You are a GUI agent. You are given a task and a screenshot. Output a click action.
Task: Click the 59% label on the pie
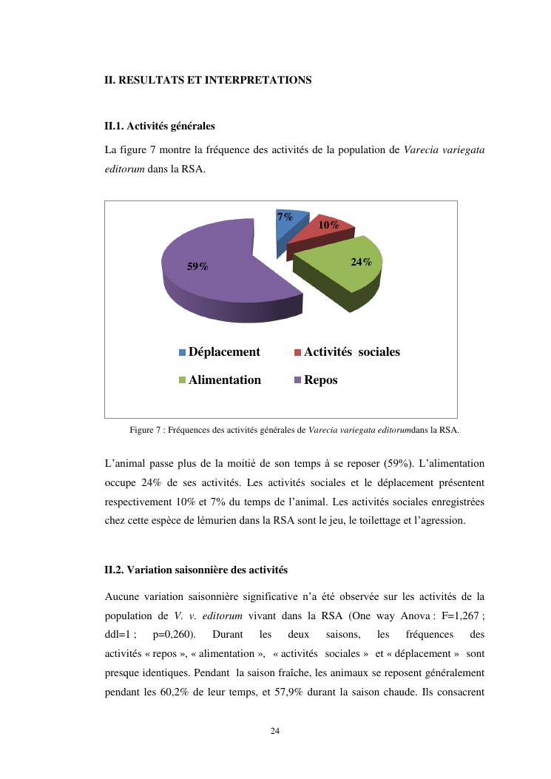point(197,267)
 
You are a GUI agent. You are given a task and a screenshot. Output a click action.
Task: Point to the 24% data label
point(361,262)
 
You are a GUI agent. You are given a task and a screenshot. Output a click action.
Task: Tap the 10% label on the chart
point(329,225)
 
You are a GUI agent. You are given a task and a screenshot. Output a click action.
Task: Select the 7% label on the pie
point(285,217)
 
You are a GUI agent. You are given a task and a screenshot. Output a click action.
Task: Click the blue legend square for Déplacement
point(183,353)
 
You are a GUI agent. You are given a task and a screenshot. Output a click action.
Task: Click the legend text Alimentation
point(224,380)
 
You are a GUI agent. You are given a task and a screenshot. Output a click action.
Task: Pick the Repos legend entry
point(320,380)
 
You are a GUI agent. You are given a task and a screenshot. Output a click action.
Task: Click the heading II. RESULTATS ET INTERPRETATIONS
point(208,80)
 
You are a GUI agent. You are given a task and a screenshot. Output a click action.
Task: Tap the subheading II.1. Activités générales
point(160,127)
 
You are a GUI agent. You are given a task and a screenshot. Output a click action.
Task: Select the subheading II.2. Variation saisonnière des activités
point(196,570)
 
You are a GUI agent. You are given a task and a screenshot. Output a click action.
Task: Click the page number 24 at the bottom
point(275,731)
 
